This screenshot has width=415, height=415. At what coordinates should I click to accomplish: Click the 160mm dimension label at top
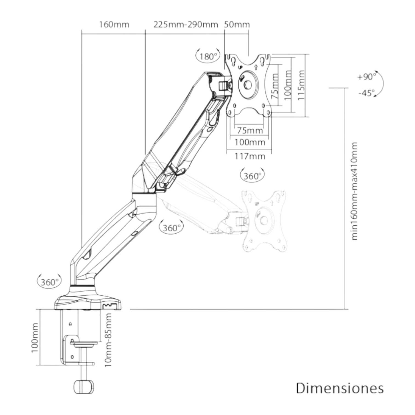coord(114,24)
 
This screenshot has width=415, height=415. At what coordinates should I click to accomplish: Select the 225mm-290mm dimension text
coord(186,24)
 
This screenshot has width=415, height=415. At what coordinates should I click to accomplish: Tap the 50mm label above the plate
coord(237,24)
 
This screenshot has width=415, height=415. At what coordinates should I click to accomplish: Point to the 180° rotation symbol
coord(208,56)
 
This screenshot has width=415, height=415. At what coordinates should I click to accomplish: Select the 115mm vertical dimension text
coord(301,85)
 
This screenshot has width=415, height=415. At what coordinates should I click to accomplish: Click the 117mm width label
coord(249,156)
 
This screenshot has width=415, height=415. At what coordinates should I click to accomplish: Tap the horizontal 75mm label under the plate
coord(249,130)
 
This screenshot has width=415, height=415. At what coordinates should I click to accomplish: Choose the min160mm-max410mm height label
coord(354,191)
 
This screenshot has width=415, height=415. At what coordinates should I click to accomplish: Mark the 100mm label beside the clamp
coord(35,338)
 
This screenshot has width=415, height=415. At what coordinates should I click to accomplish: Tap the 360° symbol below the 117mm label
coord(252,176)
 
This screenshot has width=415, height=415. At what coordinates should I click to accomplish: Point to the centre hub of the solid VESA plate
coord(248,85)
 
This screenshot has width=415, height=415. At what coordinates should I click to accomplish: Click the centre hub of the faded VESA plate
coord(264,220)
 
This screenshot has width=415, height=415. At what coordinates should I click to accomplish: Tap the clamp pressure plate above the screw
coord(84,343)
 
